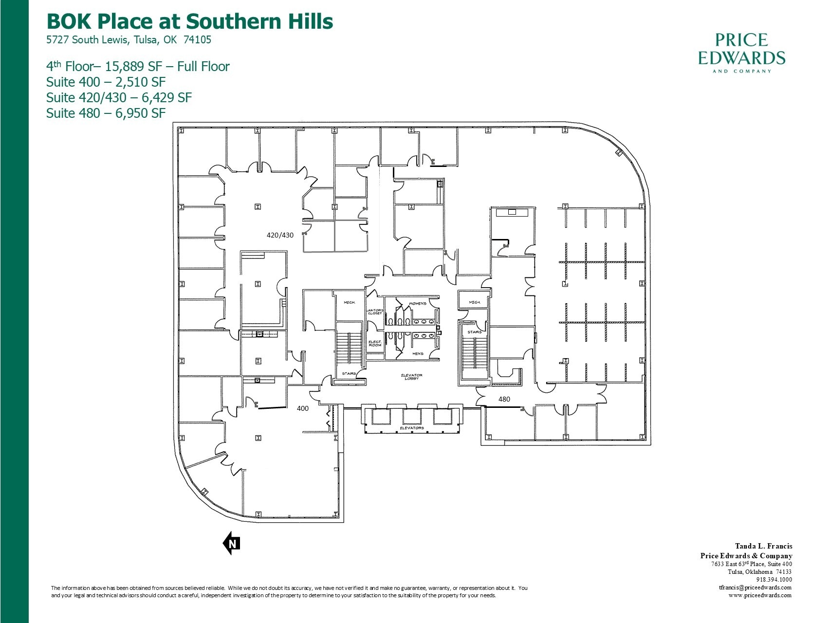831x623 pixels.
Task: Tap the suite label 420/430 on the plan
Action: tap(280, 235)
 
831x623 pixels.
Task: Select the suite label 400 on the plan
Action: tap(302, 408)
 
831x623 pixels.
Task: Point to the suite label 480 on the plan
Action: tap(504, 399)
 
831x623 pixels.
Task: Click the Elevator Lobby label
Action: tap(412, 377)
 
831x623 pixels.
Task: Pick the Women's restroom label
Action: tap(417, 304)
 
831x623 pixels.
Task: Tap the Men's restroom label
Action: tap(417, 354)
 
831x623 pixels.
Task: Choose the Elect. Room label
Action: tap(374, 343)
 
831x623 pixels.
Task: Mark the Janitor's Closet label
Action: tap(374, 311)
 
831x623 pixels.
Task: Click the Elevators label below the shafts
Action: tap(411, 428)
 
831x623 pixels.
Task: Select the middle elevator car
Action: tap(411, 417)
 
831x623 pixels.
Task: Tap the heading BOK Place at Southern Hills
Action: tap(189, 21)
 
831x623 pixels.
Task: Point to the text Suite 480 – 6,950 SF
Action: tap(106, 113)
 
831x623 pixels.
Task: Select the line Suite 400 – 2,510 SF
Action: tap(106, 82)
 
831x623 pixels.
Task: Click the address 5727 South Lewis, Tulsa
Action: tap(129, 40)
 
